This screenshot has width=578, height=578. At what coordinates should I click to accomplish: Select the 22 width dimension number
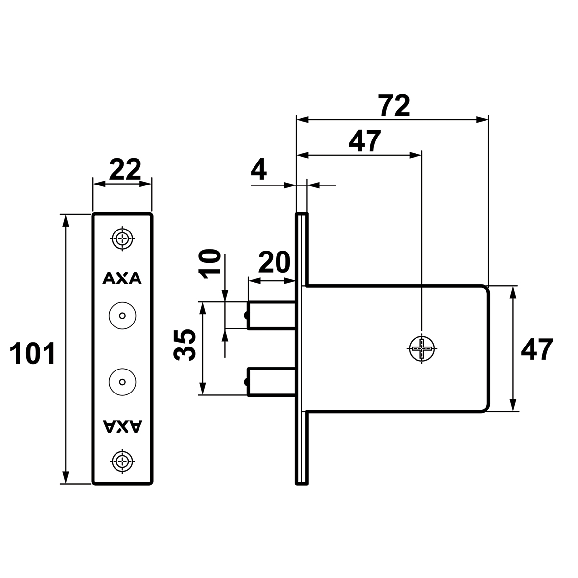(x=124, y=169)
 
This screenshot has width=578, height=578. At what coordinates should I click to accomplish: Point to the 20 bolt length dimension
(x=274, y=263)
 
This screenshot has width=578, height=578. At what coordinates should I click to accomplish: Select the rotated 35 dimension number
(x=186, y=345)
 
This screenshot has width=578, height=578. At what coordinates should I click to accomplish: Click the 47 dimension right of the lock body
(x=536, y=349)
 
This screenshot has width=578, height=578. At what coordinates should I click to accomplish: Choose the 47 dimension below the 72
(x=364, y=141)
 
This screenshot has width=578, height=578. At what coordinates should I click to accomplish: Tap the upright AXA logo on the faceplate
(x=122, y=278)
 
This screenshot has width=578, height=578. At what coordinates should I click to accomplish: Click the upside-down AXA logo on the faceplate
(x=122, y=426)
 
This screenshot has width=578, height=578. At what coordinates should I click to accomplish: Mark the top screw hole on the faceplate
(x=122, y=239)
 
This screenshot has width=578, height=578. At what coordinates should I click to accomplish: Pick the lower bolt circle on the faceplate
(x=122, y=381)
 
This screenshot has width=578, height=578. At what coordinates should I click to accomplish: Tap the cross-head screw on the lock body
(x=421, y=348)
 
